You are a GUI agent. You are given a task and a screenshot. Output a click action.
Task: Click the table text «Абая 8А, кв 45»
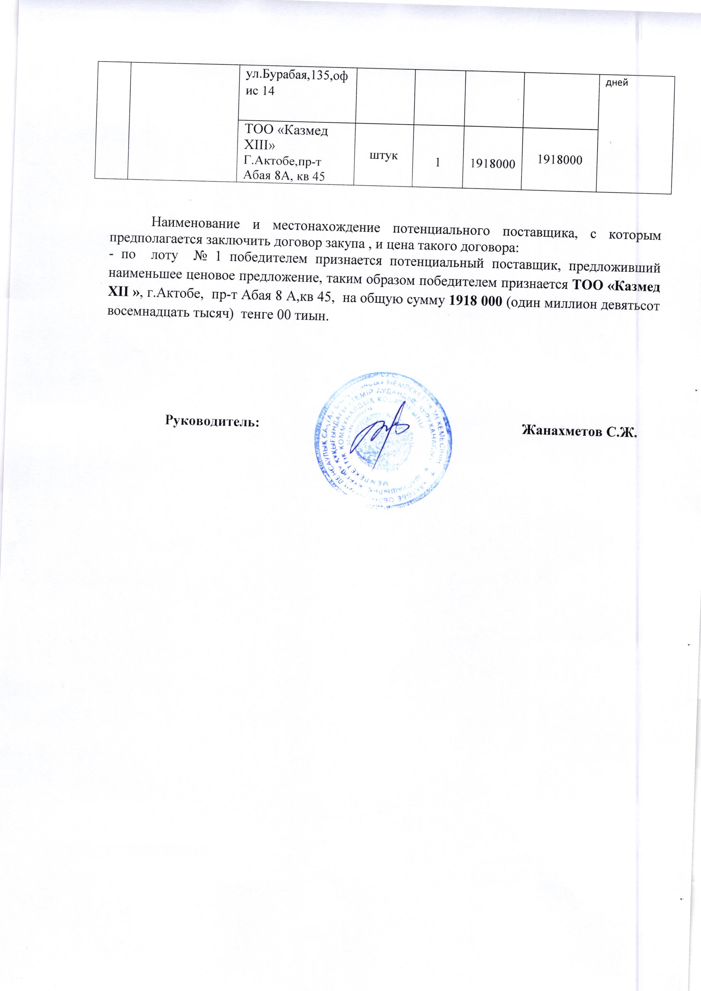[284, 175]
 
